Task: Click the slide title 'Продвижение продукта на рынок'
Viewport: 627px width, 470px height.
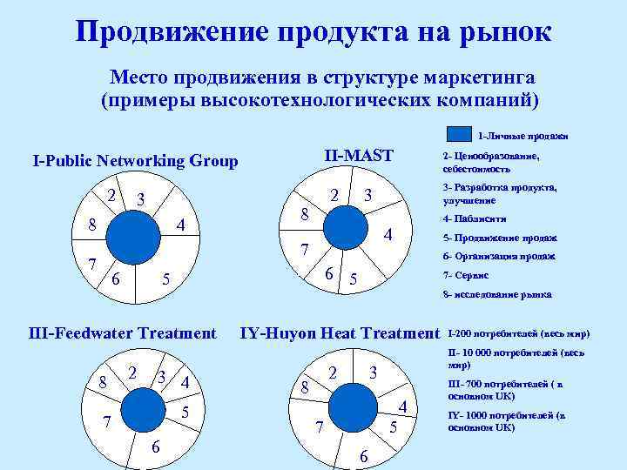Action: (313, 31)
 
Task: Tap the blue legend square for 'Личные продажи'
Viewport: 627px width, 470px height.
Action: (459, 135)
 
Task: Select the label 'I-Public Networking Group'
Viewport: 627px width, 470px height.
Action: (135, 161)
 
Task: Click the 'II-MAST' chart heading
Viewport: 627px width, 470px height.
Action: (359, 156)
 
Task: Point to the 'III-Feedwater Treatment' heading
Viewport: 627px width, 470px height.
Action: (122, 332)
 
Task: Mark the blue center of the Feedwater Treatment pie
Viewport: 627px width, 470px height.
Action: (146, 406)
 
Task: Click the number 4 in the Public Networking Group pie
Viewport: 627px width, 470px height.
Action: (181, 225)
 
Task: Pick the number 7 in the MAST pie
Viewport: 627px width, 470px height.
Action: (305, 251)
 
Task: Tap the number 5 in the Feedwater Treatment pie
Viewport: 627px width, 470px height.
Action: (185, 409)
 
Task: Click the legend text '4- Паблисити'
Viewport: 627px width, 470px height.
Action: (475, 219)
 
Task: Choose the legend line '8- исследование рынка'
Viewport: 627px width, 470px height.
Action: (497, 294)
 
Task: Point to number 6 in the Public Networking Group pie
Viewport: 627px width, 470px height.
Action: (115, 279)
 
